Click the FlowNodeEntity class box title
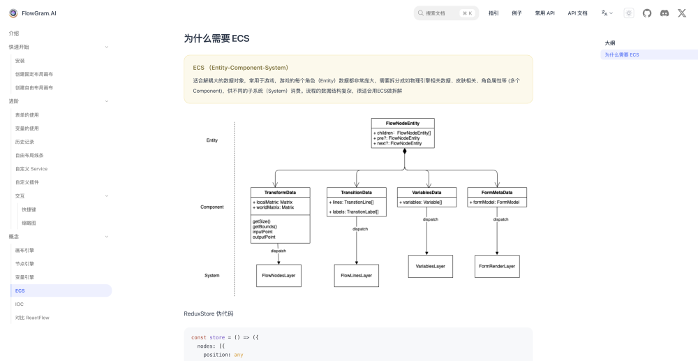coord(403,123)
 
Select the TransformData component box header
coord(280,192)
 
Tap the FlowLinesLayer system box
coord(356,276)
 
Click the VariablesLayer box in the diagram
coord(430,266)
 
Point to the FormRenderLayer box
coord(497,266)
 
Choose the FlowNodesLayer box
coord(279,276)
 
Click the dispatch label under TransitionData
coord(360,229)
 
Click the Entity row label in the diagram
coord(211,140)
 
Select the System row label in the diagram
coord(211,275)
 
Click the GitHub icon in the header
coord(647,13)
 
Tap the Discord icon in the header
coord(664,13)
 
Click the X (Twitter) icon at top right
coord(682,13)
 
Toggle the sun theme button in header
coord(629,13)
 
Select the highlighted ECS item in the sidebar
coord(20,290)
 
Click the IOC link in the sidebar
coord(20,304)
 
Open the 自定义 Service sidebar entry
coord(31,169)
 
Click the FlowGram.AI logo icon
coord(13,13)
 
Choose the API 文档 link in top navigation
coord(577,13)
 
